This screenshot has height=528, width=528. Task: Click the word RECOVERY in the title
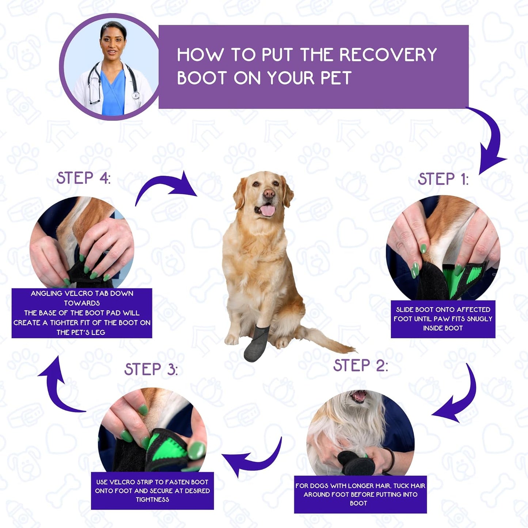click(x=388, y=55)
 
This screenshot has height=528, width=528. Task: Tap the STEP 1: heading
click(x=443, y=179)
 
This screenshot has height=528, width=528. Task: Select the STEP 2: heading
click(x=360, y=365)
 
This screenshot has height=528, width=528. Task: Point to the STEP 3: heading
click(x=151, y=369)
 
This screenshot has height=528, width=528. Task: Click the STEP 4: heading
click(x=83, y=178)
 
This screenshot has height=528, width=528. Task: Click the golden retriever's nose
click(x=269, y=193)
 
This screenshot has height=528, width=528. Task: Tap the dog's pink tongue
click(x=268, y=210)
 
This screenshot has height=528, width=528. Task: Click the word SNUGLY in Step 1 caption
click(x=479, y=319)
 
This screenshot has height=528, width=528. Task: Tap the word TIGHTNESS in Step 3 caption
click(x=152, y=499)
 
